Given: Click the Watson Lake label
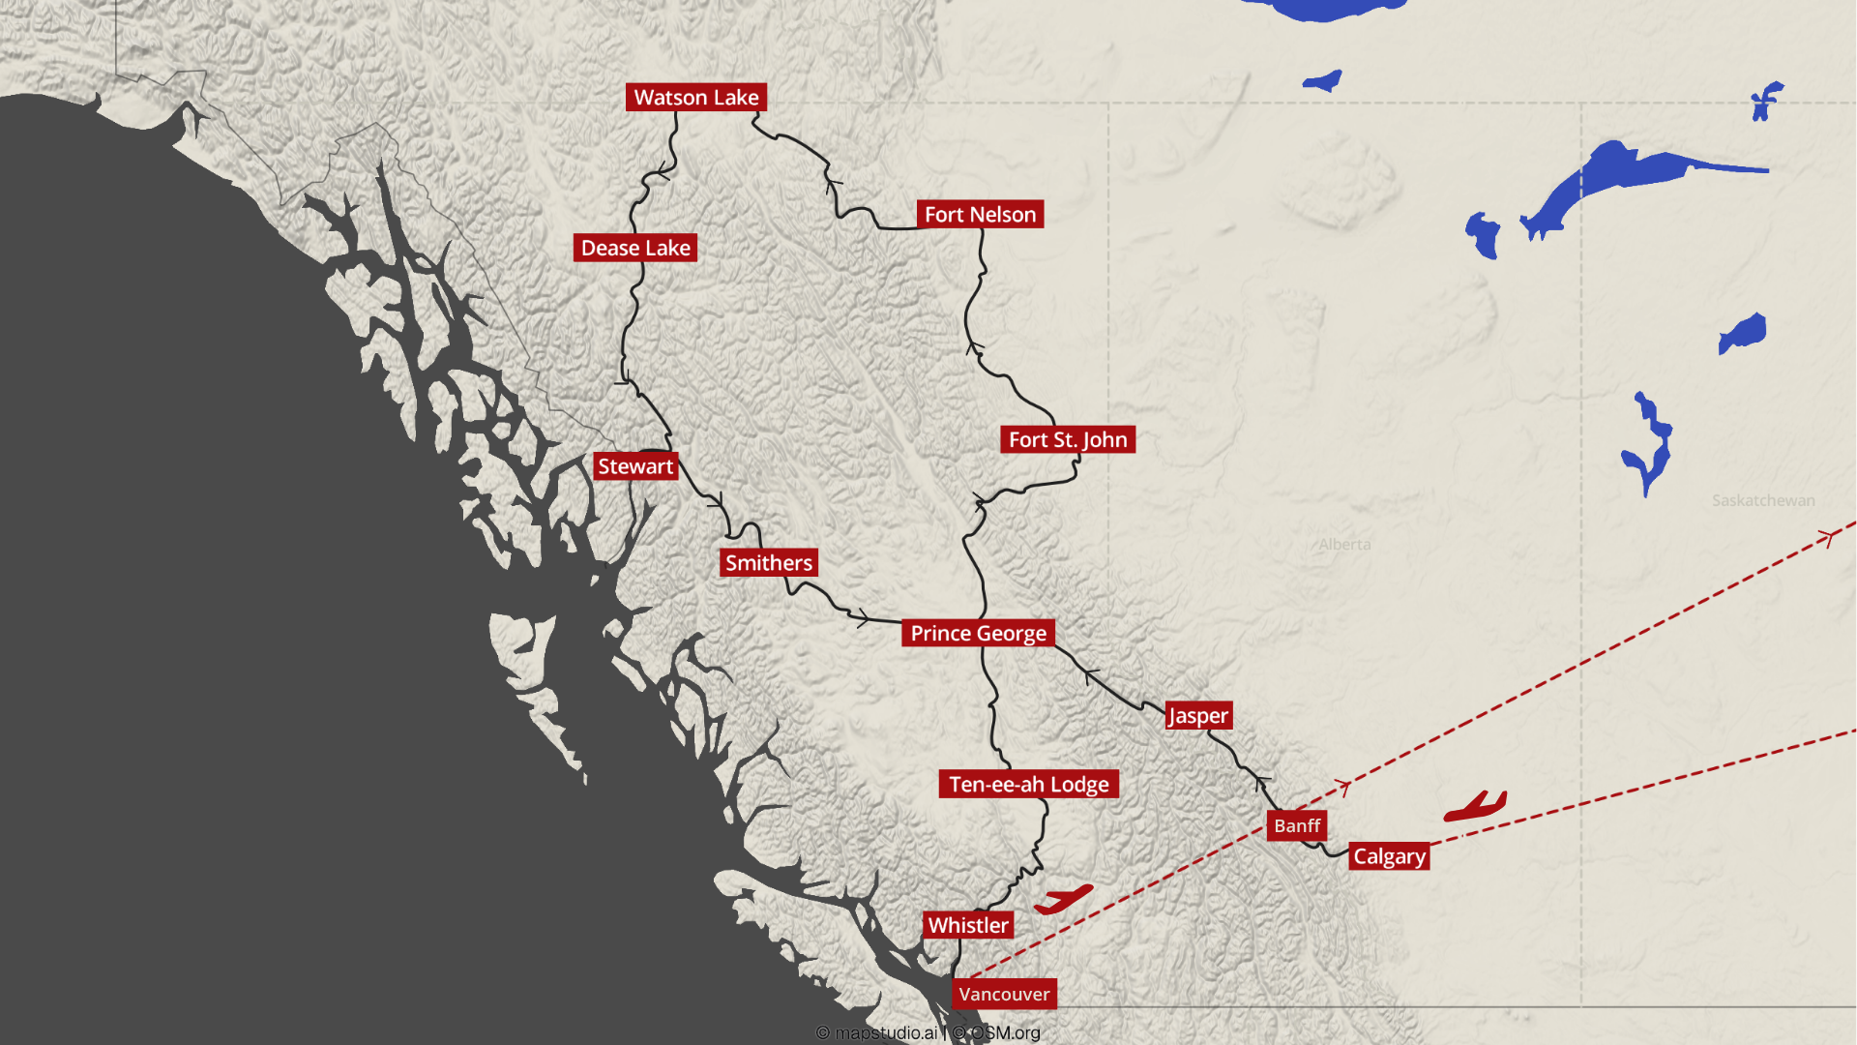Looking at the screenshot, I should coord(696,98).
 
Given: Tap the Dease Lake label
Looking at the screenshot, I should coord(635,248).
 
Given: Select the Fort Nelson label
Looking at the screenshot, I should coord(980,215).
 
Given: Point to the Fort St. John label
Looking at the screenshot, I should coord(1068,440).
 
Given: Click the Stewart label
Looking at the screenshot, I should coord(635,466).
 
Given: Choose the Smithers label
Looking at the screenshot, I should coord(769,563).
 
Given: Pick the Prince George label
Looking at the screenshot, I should coord(978,634).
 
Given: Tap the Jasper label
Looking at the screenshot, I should coord(1198,716).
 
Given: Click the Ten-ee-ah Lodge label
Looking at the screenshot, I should coord(1028,785).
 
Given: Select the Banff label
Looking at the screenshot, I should coord(1297,826).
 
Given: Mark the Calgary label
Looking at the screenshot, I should coord(1389,856).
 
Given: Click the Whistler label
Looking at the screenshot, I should coord(968,926).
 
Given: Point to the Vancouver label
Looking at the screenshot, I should coord(1004,995).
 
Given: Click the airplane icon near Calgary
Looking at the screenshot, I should coord(1475,807).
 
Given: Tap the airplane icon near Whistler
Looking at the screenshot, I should coord(1063,900).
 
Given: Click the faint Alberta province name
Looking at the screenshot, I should coord(1344,545).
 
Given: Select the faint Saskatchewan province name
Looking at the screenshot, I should coord(1762,501).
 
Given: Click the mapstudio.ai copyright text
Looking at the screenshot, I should coord(877,1033).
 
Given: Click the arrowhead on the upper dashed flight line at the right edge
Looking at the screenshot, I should coord(1828,537).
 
